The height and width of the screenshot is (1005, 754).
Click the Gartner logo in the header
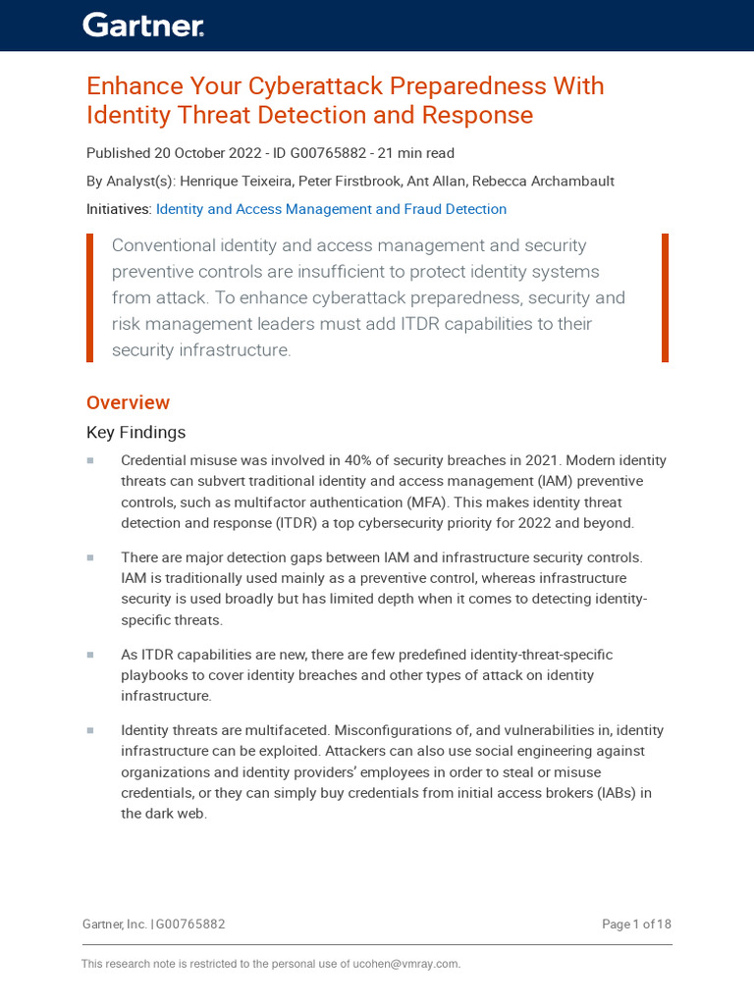click(143, 26)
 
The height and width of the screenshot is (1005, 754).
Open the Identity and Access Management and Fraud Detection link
click(331, 209)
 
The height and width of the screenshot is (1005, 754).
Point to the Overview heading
click(128, 402)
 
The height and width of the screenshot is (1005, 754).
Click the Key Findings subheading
click(135, 433)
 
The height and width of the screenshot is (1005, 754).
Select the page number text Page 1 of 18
click(636, 925)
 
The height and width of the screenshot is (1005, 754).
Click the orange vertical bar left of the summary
click(90, 297)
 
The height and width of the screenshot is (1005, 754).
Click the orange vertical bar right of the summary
click(665, 297)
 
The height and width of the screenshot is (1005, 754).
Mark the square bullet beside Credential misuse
click(90, 460)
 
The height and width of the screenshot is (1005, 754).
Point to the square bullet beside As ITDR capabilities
click(90, 655)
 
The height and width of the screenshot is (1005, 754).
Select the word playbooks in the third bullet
click(153, 675)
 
